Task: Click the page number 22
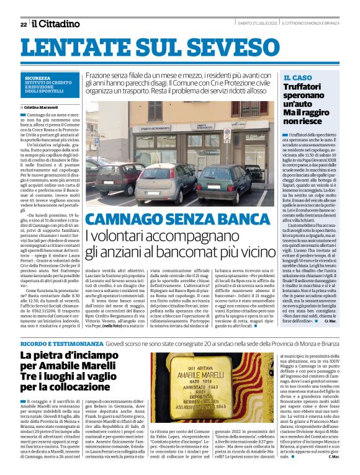[23, 24]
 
